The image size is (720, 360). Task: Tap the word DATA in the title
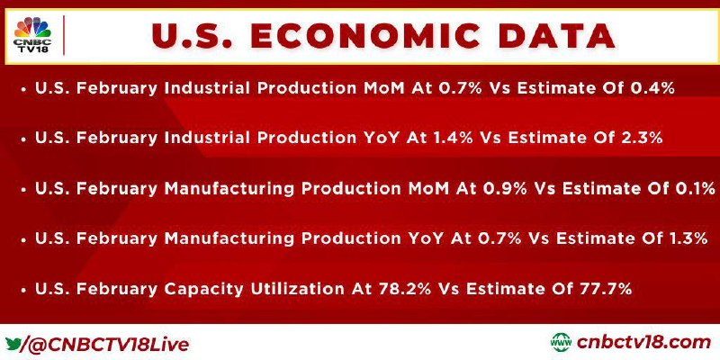(x=557, y=36)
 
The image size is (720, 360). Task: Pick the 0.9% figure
(x=500, y=189)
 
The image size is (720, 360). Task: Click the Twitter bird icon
(x=13, y=343)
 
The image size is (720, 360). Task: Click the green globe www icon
(x=561, y=343)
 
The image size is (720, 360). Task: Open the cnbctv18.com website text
(x=643, y=343)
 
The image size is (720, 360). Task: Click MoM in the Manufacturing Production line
(x=426, y=189)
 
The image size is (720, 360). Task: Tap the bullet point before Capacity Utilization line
(x=23, y=290)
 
